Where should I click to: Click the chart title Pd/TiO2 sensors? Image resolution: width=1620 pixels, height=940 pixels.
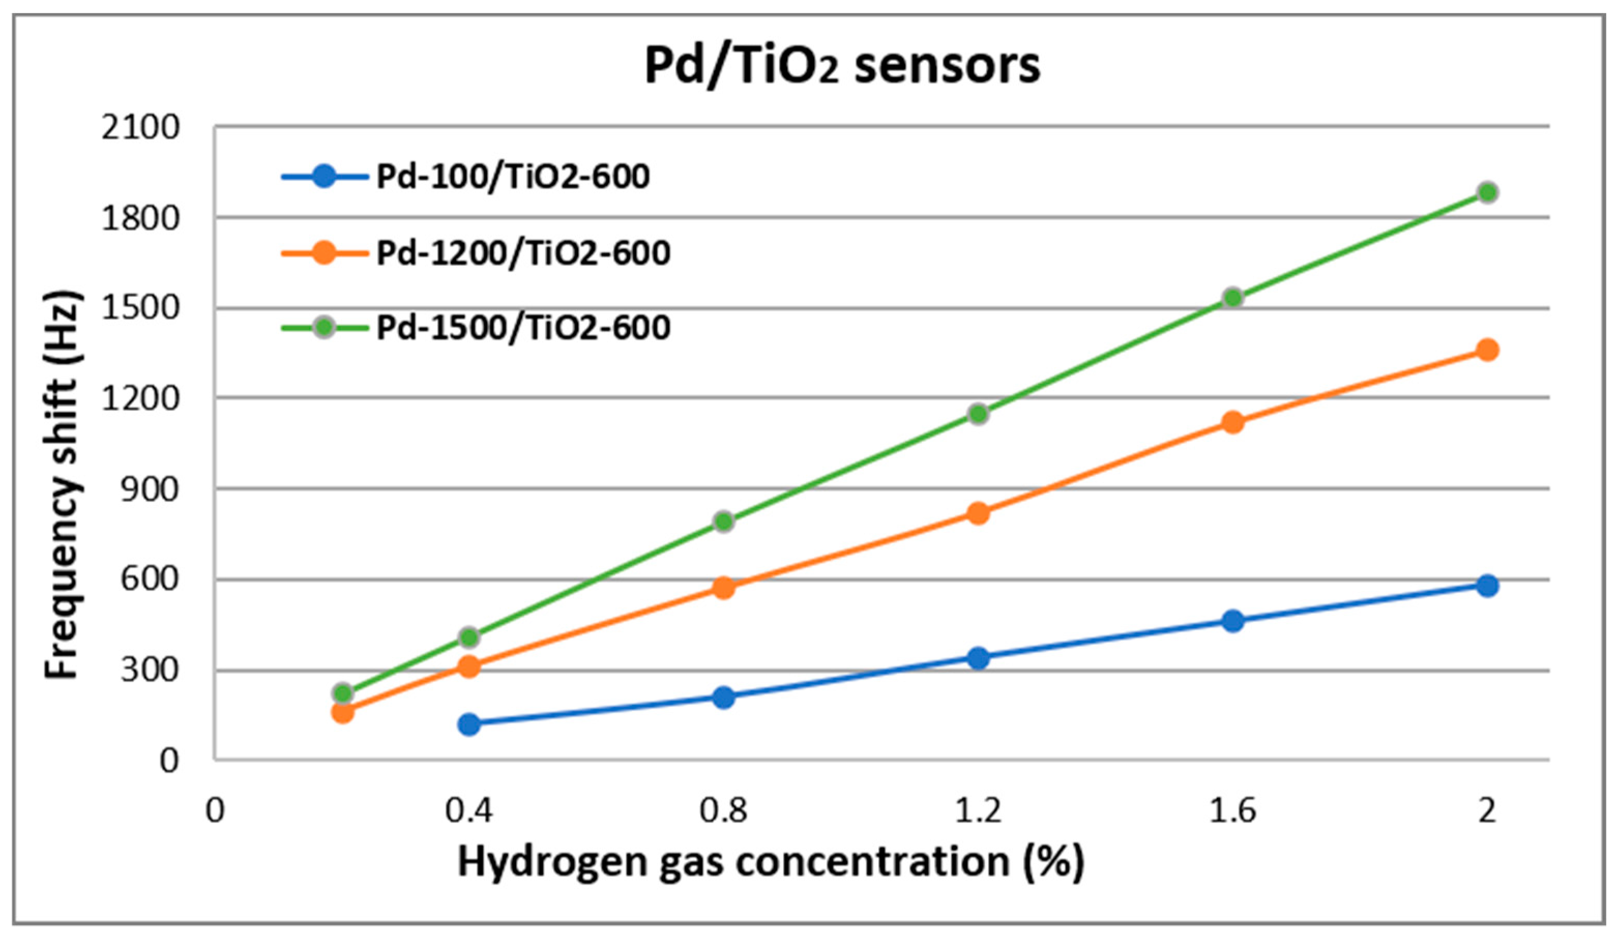tap(842, 66)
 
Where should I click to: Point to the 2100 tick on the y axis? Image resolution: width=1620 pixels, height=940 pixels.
tap(140, 127)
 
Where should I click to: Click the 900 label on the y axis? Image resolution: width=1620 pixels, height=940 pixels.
tap(150, 490)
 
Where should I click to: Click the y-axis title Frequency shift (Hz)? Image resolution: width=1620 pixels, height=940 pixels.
tap(62, 486)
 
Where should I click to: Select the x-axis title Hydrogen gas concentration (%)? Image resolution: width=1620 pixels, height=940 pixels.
tap(771, 863)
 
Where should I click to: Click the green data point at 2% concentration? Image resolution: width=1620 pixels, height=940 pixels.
tap(1487, 192)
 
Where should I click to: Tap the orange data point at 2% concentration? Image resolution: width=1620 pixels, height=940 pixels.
tap(1487, 350)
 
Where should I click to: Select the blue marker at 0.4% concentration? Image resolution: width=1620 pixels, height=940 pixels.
tap(469, 725)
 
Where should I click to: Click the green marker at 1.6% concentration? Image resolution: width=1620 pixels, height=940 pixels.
tap(1232, 298)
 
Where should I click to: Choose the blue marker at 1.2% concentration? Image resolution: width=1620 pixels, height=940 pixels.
tap(978, 658)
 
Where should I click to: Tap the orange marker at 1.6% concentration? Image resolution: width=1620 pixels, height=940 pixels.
tap(1232, 422)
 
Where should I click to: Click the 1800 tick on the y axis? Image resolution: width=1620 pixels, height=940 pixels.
tap(140, 218)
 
